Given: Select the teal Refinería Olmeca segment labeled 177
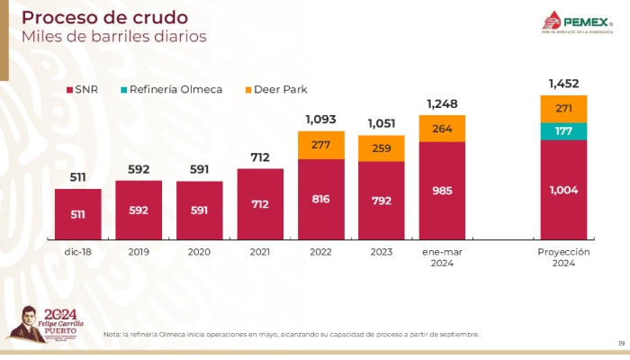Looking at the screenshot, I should (x=563, y=131).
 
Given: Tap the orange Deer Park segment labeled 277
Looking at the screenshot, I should (x=321, y=145).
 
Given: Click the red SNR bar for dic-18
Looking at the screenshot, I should (x=77, y=214).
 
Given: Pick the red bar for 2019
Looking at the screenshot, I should (x=139, y=211).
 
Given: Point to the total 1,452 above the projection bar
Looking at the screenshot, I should (x=563, y=84).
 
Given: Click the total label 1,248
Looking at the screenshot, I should (x=442, y=104).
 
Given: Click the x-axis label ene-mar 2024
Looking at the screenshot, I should (x=442, y=257).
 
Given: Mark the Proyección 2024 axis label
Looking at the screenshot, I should (x=563, y=257).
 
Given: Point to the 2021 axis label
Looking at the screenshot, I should (x=260, y=252).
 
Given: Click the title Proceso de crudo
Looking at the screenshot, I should (x=104, y=18).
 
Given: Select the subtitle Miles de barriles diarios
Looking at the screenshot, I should (x=113, y=37).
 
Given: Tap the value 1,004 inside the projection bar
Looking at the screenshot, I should (x=563, y=190).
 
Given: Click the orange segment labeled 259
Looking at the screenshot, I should (x=382, y=148).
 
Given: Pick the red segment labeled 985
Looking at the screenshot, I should (x=442, y=191).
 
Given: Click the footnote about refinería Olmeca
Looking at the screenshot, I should (x=292, y=334).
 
